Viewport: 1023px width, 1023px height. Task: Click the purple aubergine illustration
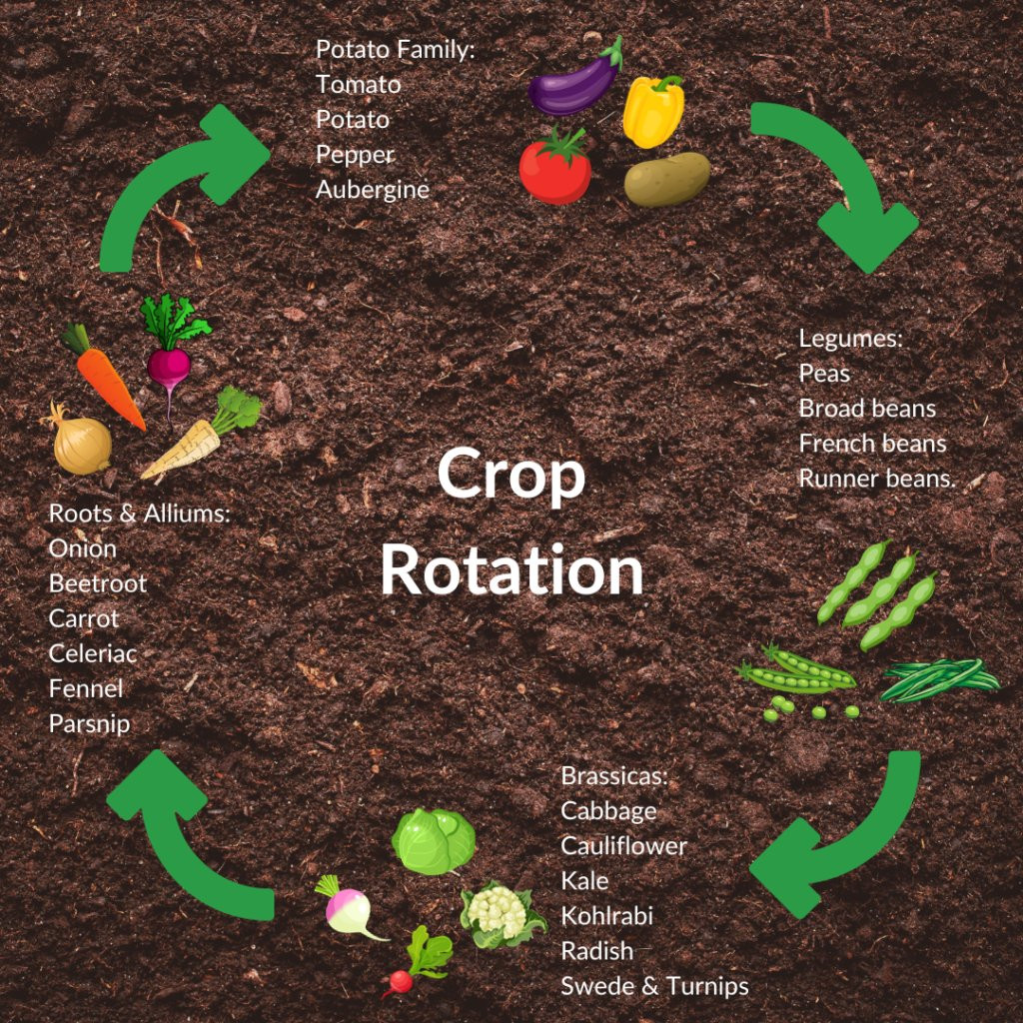coord(574,82)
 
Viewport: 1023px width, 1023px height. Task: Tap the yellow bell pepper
coord(653,111)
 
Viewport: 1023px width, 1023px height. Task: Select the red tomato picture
coord(555,167)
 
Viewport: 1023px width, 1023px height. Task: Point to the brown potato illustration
coord(666,180)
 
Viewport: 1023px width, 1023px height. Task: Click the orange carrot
coord(103,376)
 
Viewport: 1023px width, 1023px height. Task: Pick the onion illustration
coord(79,440)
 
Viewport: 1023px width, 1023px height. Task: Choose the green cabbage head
coord(434,841)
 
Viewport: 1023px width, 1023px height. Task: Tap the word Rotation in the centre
coord(512,569)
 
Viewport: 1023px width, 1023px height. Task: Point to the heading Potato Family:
coord(396,50)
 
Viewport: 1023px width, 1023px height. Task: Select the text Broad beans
coord(867,409)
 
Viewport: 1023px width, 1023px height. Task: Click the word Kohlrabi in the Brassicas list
coord(606,916)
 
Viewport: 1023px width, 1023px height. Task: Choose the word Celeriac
coord(93,653)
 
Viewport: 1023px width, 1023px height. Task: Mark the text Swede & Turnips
coord(654,986)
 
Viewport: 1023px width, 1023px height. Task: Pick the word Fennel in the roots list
coord(86,689)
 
